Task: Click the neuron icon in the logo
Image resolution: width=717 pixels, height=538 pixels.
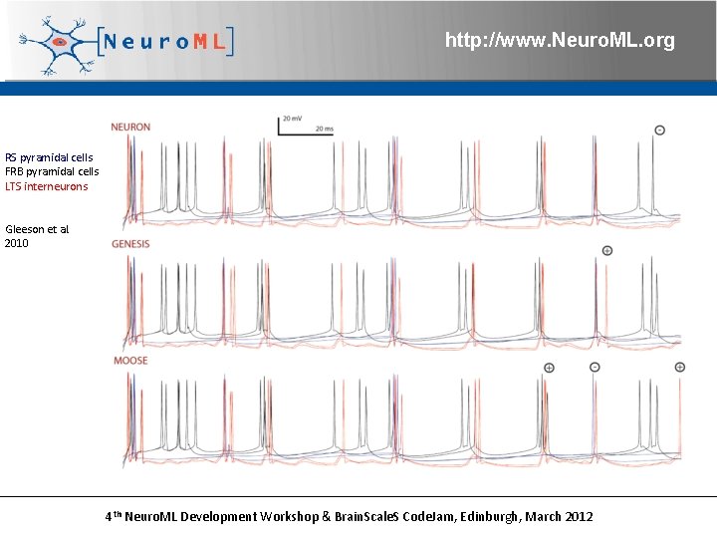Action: [x=58, y=43]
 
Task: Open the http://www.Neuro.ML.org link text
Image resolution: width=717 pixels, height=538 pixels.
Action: [x=560, y=41]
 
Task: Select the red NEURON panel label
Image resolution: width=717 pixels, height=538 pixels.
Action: [x=130, y=128]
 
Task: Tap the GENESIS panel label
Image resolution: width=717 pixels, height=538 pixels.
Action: [x=130, y=244]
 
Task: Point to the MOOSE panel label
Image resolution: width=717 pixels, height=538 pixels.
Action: [x=130, y=361]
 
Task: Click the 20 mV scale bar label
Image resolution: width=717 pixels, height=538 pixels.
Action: [x=293, y=119]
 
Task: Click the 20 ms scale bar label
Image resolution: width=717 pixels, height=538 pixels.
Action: [x=325, y=130]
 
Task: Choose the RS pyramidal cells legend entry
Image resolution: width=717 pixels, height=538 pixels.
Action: [x=49, y=157]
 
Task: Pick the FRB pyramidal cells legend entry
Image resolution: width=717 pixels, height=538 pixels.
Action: [x=52, y=171]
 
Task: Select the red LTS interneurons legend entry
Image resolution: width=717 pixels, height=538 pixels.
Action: [x=46, y=186]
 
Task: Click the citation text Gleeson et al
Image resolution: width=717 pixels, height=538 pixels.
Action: [x=37, y=229]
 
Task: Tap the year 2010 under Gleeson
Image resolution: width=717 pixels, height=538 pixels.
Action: [x=17, y=243]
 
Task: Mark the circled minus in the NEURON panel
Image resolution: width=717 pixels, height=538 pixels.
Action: [x=659, y=131]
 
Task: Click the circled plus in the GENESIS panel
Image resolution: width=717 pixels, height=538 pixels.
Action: [x=606, y=250]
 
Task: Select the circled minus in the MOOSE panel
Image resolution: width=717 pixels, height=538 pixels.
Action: [x=595, y=367]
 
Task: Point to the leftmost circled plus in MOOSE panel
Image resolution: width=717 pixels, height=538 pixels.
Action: [x=549, y=368]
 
